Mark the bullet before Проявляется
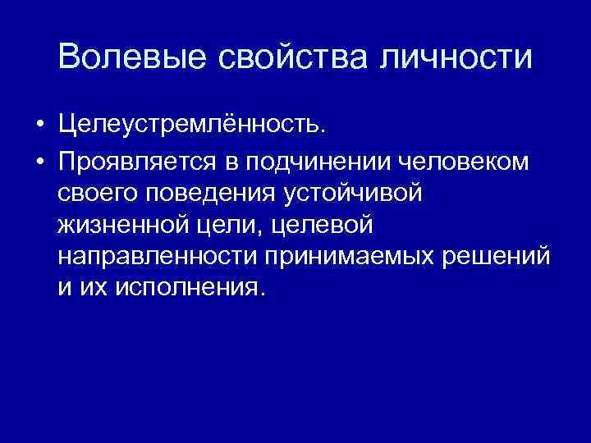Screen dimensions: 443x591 [39, 160]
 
